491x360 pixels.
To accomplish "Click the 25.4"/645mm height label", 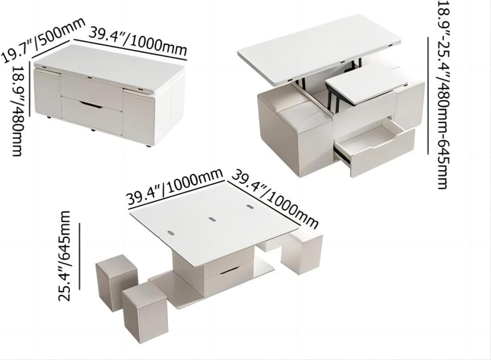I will tap(64, 256).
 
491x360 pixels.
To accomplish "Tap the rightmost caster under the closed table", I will tap(149, 147).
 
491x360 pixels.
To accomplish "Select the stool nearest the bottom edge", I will tap(145, 311).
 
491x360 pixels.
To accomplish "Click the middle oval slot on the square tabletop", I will tap(213, 219).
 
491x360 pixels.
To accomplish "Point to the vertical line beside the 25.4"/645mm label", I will tap(80, 256).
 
